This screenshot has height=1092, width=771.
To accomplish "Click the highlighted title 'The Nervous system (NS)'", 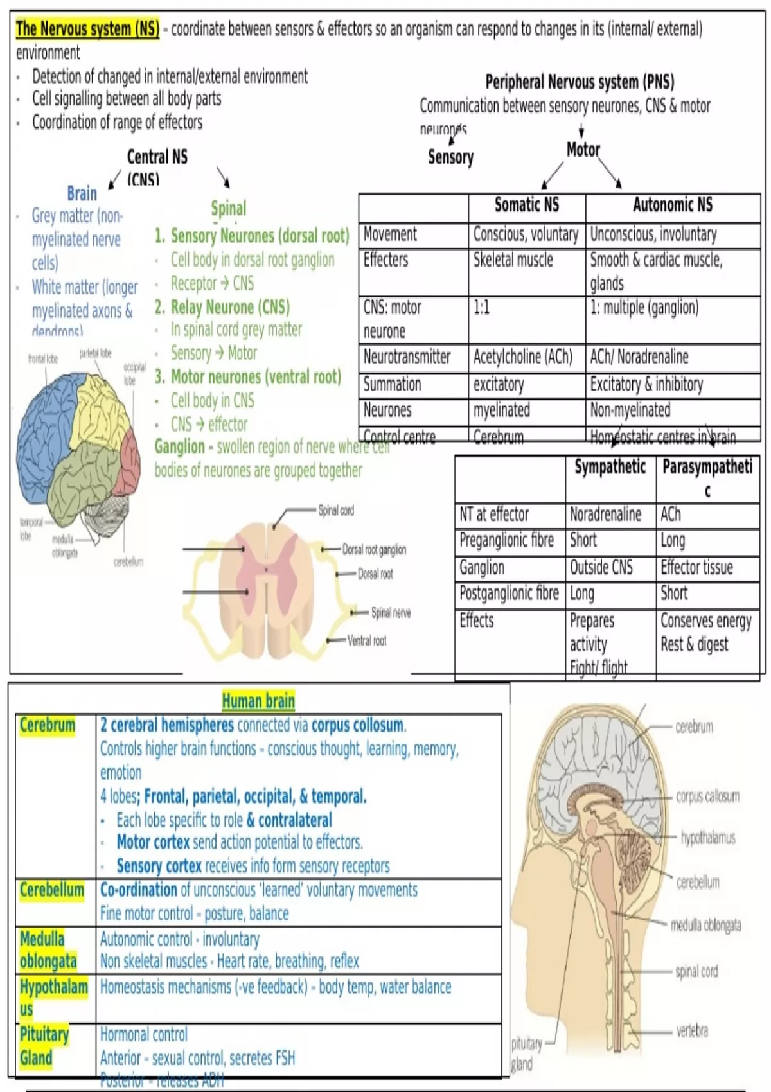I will (87, 29).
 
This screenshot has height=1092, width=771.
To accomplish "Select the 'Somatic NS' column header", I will (526, 205).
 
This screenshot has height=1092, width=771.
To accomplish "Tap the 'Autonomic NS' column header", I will (672, 205).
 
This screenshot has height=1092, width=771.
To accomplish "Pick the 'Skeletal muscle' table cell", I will (513, 260).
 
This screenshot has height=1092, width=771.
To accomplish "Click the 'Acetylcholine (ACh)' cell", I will (522, 357).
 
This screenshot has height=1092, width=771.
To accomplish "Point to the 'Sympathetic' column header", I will (610, 467).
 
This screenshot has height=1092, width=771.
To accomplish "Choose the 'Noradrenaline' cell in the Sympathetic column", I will (605, 515).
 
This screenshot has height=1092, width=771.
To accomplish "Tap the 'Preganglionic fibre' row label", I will (506, 540).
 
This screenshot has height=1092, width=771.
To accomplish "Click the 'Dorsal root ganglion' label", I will (374, 550).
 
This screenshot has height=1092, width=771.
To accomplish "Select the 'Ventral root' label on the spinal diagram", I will (367, 640).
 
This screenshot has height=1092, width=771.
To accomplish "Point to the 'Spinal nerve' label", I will (391, 613).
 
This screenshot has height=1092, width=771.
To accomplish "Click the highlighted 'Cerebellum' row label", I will (52, 890).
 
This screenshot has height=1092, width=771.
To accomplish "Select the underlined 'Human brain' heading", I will (258, 701).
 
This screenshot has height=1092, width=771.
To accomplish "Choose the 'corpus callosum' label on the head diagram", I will (707, 797).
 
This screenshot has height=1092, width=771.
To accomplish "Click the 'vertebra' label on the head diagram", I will (691, 1032).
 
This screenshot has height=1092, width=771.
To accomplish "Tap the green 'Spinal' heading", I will (228, 208).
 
